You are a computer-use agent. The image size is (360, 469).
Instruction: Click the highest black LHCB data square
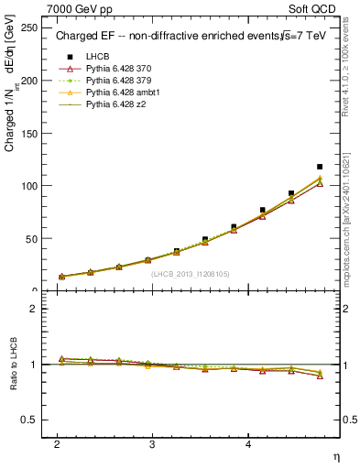(x=319, y=167)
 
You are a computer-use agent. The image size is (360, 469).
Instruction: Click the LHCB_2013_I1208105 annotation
(x=190, y=273)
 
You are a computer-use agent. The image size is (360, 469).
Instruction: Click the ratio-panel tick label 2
(x=33, y=309)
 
